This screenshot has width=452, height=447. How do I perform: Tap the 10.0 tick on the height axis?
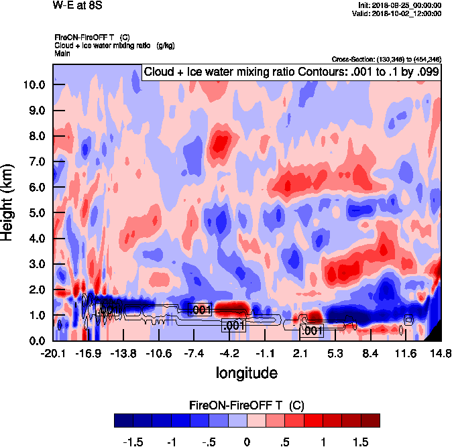coord(35,85)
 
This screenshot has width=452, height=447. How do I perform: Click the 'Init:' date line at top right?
coord(400,5)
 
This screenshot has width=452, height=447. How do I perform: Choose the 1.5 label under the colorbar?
coord(361,442)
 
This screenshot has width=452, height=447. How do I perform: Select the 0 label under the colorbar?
coord(247,442)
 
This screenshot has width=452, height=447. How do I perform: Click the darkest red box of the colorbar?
coord(370,420)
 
